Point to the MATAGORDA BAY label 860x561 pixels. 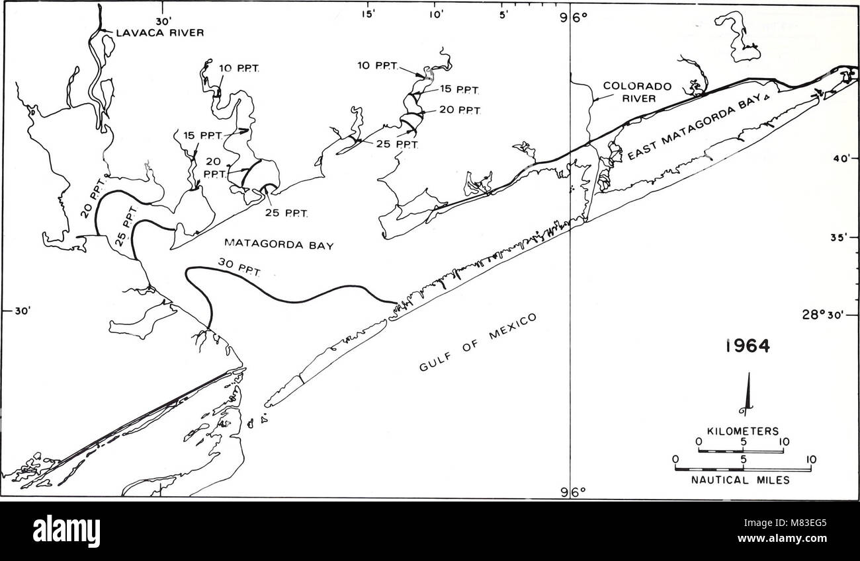coord(277,244)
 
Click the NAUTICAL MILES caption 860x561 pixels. coord(743,481)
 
